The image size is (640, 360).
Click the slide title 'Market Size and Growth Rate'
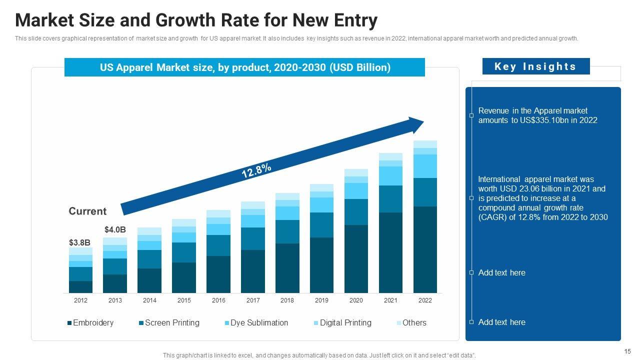(x=196, y=21)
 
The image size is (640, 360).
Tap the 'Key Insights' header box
(x=535, y=66)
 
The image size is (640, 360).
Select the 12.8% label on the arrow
(x=256, y=170)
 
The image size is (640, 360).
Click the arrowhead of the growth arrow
(x=416, y=124)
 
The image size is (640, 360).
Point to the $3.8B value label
(x=79, y=242)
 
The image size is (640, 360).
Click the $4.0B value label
(x=115, y=229)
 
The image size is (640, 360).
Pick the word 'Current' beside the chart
(x=87, y=211)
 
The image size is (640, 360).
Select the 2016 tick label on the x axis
(x=218, y=300)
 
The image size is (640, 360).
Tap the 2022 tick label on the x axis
(x=425, y=300)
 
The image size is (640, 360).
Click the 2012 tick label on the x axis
(x=80, y=300)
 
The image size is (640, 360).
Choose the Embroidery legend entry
(x=93, y=323)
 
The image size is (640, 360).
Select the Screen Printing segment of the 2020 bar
(x=356, y=212)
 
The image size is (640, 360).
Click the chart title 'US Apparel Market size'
(x=245, y=67)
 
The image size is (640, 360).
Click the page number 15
(x=627, y=351)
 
